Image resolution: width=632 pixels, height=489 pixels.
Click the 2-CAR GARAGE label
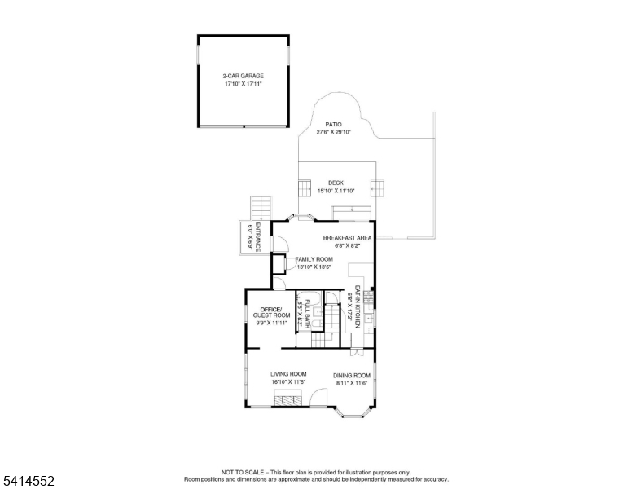[244, 76]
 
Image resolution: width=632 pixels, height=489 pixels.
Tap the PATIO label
[333, 124]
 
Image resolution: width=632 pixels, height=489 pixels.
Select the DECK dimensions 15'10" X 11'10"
[336, 191]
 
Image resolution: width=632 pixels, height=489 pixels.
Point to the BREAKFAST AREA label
[347, 238]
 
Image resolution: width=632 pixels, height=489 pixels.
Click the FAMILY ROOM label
[314, 259]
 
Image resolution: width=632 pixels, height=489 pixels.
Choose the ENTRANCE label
[257, 237]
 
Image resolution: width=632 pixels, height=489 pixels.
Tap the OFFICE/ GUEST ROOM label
[271, 312]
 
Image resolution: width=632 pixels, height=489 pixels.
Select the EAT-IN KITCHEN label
[357, 306]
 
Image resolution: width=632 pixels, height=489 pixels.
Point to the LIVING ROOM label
[288, 374]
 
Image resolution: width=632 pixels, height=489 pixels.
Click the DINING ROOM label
[352, 375]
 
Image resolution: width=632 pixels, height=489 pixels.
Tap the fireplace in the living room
[287, 398]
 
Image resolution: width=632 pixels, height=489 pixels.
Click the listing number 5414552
[29, 481]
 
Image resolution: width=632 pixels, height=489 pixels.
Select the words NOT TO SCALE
[242, 472]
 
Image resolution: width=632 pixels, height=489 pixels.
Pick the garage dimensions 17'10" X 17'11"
[244, 84]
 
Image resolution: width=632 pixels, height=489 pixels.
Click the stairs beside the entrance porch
[261, 208]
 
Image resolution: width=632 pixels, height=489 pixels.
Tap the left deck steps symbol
[305, 188]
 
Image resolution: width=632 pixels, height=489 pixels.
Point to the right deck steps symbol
[378, 188]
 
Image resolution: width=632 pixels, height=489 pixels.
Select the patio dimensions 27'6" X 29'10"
[333, 132]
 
